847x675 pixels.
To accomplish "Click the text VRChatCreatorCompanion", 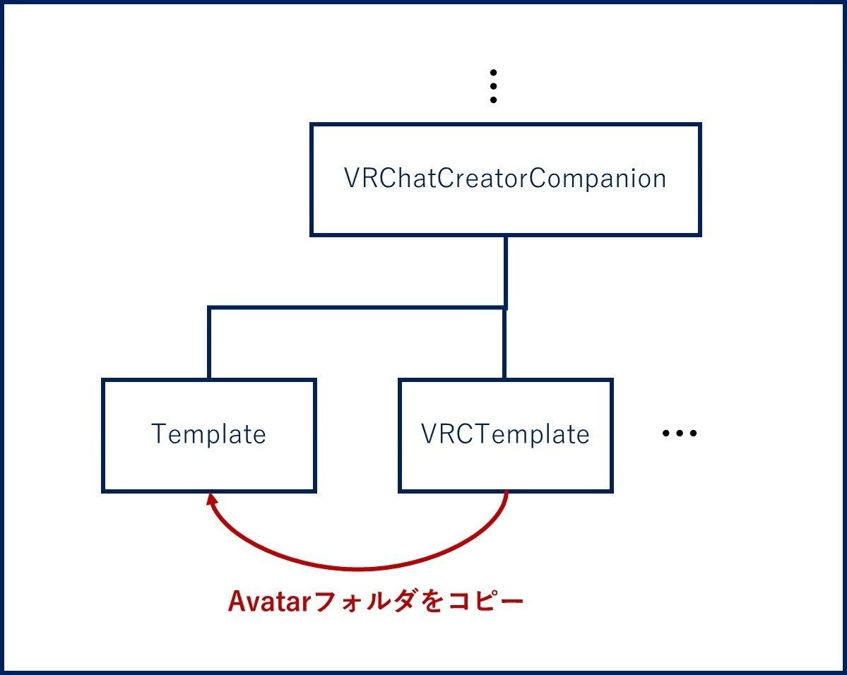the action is [505, 178].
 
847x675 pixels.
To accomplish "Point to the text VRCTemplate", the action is [505, 434].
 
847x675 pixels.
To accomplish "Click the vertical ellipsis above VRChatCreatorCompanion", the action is [492, 86].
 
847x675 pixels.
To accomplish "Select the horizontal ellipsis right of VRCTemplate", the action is [680, 433].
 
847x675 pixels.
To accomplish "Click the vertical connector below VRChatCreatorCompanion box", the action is [506, 272].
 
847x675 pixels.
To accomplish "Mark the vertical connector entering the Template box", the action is [209, 343].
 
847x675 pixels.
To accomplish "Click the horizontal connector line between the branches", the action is [357, 309].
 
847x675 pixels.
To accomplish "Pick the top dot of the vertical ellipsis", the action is [492, 72].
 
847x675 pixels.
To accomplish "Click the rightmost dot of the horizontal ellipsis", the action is [693, 433].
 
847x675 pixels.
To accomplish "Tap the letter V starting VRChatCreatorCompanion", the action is [353, 178].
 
